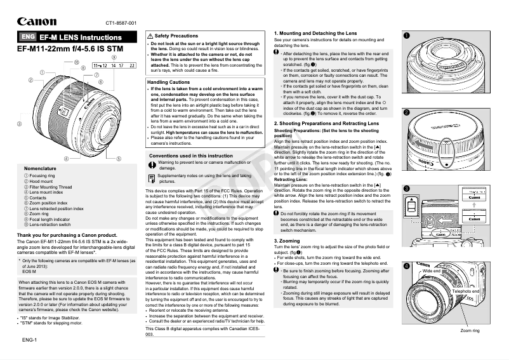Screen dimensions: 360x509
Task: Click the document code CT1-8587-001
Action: (121, 23)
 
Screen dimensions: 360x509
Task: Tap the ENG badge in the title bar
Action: (27, 37)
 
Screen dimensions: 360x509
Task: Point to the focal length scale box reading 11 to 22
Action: (114, 65)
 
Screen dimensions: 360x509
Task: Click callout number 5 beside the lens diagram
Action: (119, 157)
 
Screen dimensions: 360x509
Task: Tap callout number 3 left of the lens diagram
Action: (19, 123)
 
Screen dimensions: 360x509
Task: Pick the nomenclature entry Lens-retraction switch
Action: (50, 225)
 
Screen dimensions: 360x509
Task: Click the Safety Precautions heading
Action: (176, 36)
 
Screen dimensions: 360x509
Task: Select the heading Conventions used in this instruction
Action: (190, 156)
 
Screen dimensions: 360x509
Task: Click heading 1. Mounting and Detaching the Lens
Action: (315, 33)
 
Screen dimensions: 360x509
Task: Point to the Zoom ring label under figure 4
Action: (470, 331)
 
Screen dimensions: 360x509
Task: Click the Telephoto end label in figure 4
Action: (465, 290)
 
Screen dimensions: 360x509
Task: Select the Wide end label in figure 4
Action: (432, 270)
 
